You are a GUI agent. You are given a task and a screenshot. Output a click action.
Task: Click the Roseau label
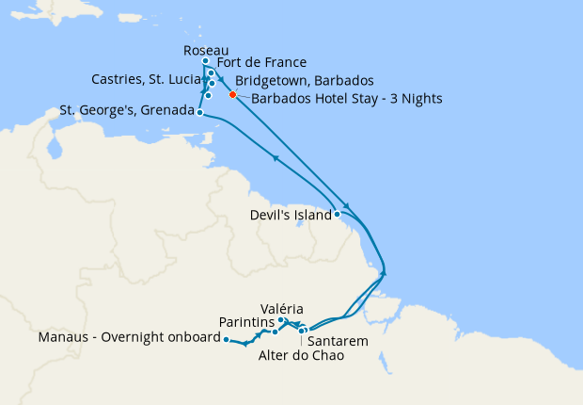[206, 50]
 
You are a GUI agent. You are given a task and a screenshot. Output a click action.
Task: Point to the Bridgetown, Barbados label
[305, 80]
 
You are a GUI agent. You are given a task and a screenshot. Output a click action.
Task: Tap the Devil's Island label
[291, 215]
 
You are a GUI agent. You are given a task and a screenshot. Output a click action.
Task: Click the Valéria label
[283, 308]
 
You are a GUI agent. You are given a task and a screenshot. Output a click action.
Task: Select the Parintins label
[245, 322]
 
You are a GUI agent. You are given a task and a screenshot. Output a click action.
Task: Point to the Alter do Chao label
[300, 356]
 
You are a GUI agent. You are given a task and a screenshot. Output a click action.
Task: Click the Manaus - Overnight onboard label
[127, 337]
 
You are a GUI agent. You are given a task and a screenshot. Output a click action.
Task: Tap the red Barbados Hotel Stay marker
[232, 94]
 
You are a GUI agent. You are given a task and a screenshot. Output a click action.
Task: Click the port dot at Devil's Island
[338, 215]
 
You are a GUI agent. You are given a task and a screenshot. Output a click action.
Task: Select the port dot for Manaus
[227, 339]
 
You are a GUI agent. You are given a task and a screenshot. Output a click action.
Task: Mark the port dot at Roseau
[206, 61]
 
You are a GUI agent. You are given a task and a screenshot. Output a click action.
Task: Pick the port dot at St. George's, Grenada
[200, 112]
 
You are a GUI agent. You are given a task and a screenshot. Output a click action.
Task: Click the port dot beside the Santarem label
[302, 331]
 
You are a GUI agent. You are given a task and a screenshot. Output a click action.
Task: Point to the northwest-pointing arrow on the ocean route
[276, 157]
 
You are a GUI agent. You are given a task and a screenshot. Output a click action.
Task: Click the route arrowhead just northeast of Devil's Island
[347, 207]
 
